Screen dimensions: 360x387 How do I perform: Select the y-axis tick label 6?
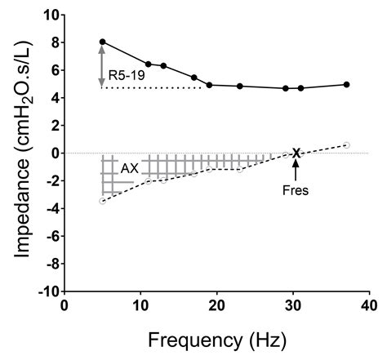52,70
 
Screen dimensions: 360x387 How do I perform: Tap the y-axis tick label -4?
49,208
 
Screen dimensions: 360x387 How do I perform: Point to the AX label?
129,168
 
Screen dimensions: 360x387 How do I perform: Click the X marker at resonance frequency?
296,153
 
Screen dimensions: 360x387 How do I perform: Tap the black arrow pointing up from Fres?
296,169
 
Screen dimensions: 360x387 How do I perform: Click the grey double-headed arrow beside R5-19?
102,65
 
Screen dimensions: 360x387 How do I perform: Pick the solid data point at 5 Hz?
102,42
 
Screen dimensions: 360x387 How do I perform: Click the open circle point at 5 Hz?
102,201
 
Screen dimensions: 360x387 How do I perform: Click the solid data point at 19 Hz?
209,85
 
